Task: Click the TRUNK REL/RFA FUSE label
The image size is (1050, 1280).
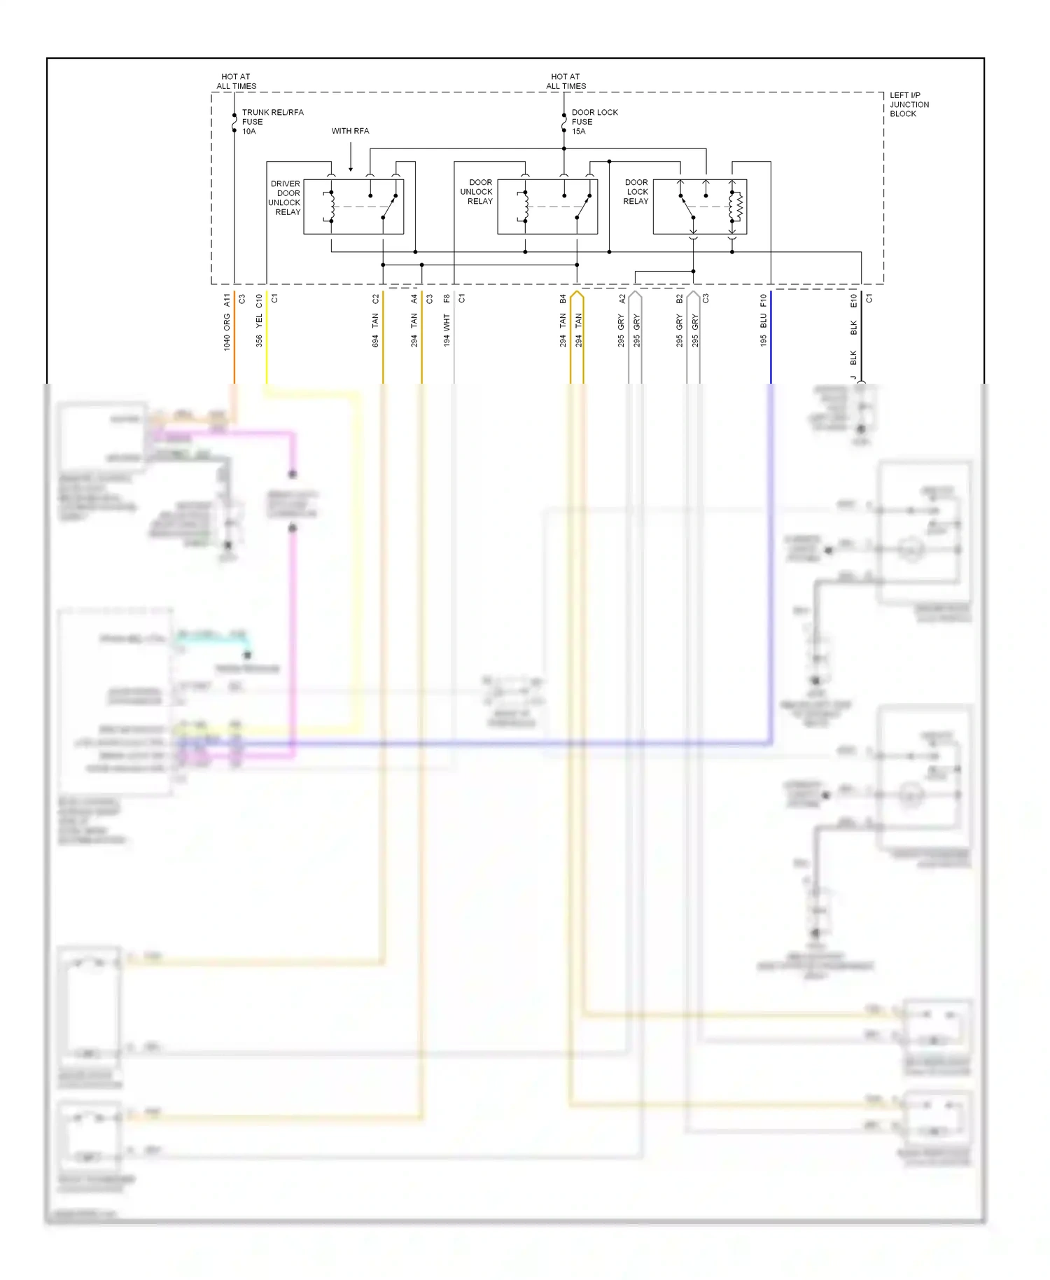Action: coord(272,121)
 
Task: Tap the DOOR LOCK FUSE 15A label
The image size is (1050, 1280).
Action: coord(594,121)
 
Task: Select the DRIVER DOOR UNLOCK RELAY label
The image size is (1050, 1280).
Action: coord(285,197)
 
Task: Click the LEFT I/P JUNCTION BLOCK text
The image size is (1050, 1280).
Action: coord(909,104)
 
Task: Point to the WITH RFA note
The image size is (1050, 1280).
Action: coord(350,131)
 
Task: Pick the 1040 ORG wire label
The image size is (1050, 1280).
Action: coord(227,333)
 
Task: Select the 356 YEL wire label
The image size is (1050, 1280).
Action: coord(259,331)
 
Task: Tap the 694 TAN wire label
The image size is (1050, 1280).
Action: coord(375,331)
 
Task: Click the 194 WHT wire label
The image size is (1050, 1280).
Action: coord(447,331)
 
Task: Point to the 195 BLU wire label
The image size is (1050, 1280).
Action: coord(763,330)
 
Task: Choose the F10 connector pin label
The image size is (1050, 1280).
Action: coord(763,300)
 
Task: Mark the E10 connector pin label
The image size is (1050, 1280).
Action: coord(853,300)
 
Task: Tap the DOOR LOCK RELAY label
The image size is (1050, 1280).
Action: coord(636,192)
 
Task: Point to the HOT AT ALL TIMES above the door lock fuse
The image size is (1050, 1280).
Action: coord(566,81)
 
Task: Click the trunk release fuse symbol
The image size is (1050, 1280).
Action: coord(234,123)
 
